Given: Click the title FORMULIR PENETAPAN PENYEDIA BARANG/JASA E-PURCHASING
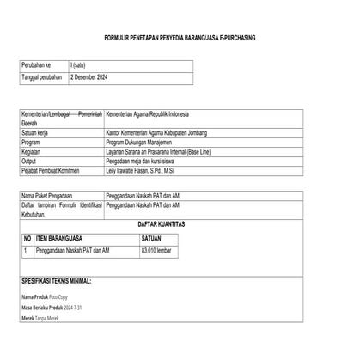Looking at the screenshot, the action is [179, 39].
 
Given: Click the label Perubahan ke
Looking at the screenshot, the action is [36, 65].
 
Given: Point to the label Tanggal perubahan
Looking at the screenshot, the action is [42, 78].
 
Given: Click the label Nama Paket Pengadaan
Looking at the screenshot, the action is [52, 197].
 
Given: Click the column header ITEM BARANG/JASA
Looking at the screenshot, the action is [58, 235].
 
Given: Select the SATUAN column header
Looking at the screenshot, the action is [151, 235].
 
